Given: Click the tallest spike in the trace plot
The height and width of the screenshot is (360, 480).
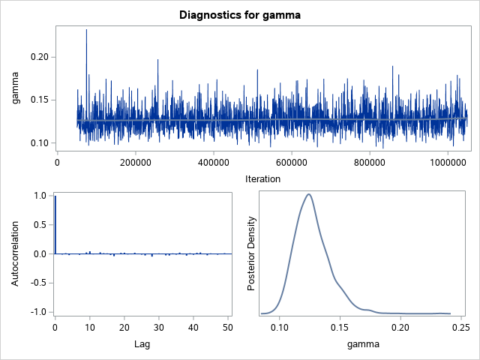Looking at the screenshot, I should tap(86, 31).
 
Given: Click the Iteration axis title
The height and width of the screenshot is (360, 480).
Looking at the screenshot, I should tap(262, 178).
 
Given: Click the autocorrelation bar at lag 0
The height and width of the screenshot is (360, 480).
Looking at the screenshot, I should tap(55, 225).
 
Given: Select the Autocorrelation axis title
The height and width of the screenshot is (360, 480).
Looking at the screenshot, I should tap(16, 253).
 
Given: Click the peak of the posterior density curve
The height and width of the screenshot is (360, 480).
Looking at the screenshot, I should tap(308, 194).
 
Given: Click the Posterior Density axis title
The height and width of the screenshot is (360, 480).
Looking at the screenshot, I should tap(253, 253).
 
